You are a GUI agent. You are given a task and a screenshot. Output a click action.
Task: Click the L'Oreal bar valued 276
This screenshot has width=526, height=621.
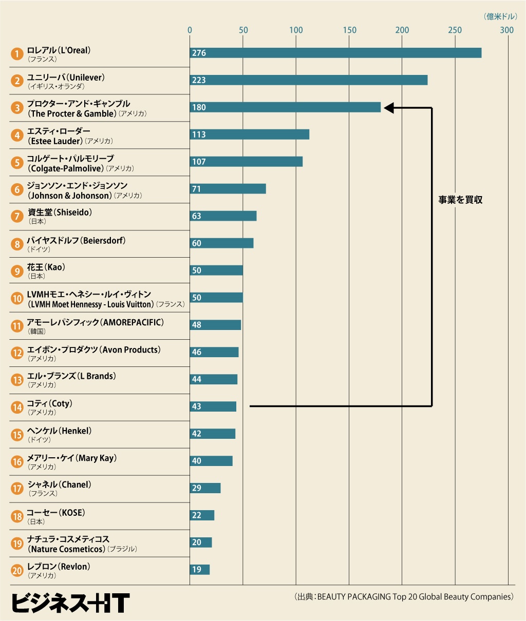pyautogui.click(x=335, y=53)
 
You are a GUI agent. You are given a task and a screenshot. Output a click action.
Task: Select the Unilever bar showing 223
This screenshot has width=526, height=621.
pyautogui.click(x=308, y=80)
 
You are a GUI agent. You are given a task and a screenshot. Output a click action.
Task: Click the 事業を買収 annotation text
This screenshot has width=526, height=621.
pyautogui.click(x=460, y=200)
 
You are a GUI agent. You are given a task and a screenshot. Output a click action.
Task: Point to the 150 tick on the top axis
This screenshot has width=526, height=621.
pyautogui.click(x=349, y=30)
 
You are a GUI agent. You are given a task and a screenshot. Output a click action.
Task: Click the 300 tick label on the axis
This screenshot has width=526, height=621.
pyautogui.click(x=507, y=30)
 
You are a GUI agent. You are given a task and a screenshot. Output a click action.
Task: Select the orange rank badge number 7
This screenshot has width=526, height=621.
pyautogui.click(x=17, y=217)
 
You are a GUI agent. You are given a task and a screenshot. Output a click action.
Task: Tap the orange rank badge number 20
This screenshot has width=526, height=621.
pyautogui.click(x=17, y=570)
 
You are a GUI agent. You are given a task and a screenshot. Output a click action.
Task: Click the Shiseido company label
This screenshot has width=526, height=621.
pyautogui.click(x=60, y=212)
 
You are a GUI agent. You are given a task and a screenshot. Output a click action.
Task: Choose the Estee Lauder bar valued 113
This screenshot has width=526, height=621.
pyautogui.click(x=250, y=134)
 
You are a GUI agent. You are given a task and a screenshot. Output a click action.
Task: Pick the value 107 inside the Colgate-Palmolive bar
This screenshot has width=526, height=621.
pyautogui.click(x=199, y=162)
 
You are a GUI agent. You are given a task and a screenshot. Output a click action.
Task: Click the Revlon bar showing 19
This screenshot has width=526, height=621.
pyautogui.click(x=200, y=570)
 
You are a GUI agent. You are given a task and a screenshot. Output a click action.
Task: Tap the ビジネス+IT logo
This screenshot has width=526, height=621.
pyautogui.click(x=70, y=603)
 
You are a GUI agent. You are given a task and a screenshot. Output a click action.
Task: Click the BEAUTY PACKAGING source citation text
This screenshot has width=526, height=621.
pyautogui.click(x=404, y=597)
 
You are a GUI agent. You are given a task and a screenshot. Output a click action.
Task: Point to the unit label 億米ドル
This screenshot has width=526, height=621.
pyautogui.click(x=500, y=17)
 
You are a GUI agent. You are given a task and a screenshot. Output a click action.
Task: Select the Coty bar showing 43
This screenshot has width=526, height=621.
pyautogui.click(x=213, y=406)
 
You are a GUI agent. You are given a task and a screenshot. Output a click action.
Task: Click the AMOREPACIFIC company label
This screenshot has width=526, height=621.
pyautogui.click(x=96, y=322)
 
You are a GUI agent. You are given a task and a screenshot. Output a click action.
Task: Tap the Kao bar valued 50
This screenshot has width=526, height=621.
pyautogui.click(x=216, y=270)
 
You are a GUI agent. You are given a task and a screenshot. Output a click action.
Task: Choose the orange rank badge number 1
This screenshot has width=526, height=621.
pyautogui.click(x=17, y=53)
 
